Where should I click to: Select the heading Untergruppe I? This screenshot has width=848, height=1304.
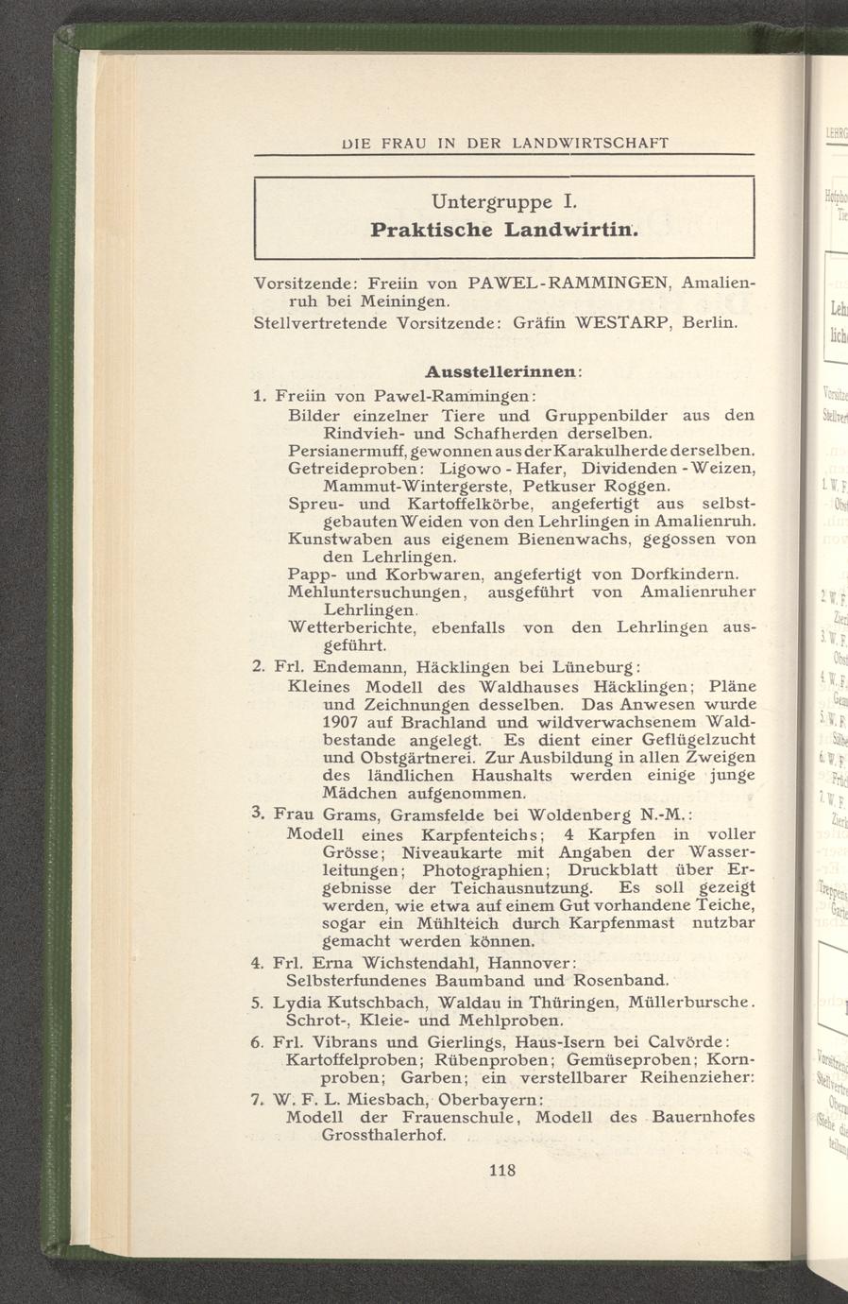tap(503, 201)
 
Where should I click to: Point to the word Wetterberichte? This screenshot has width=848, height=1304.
tap(351, 627)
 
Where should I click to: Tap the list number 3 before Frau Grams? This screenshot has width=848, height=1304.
tap(259, 813)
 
